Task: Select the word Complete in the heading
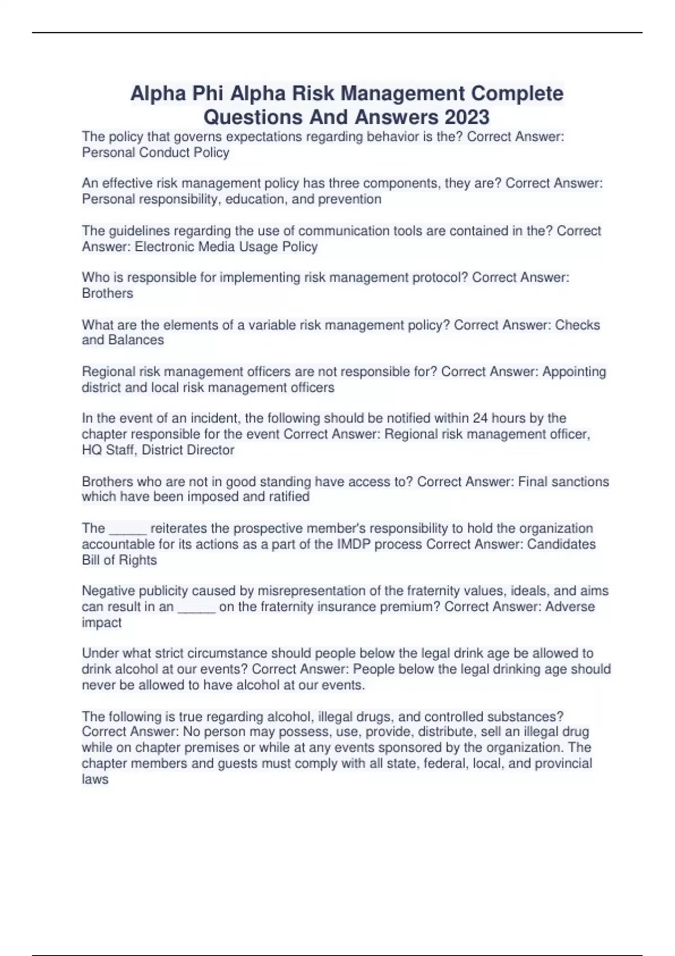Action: tap(517, 93)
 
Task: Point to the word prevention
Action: tap(349, 199)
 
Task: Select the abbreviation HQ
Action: tap(92, 450)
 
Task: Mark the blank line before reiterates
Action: tap(128, 529)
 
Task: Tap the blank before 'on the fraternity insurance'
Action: tap(196, 607)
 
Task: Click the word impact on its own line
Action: tap(102, 623)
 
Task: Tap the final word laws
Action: tap(95, 779)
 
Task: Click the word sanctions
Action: tap(583, 481)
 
